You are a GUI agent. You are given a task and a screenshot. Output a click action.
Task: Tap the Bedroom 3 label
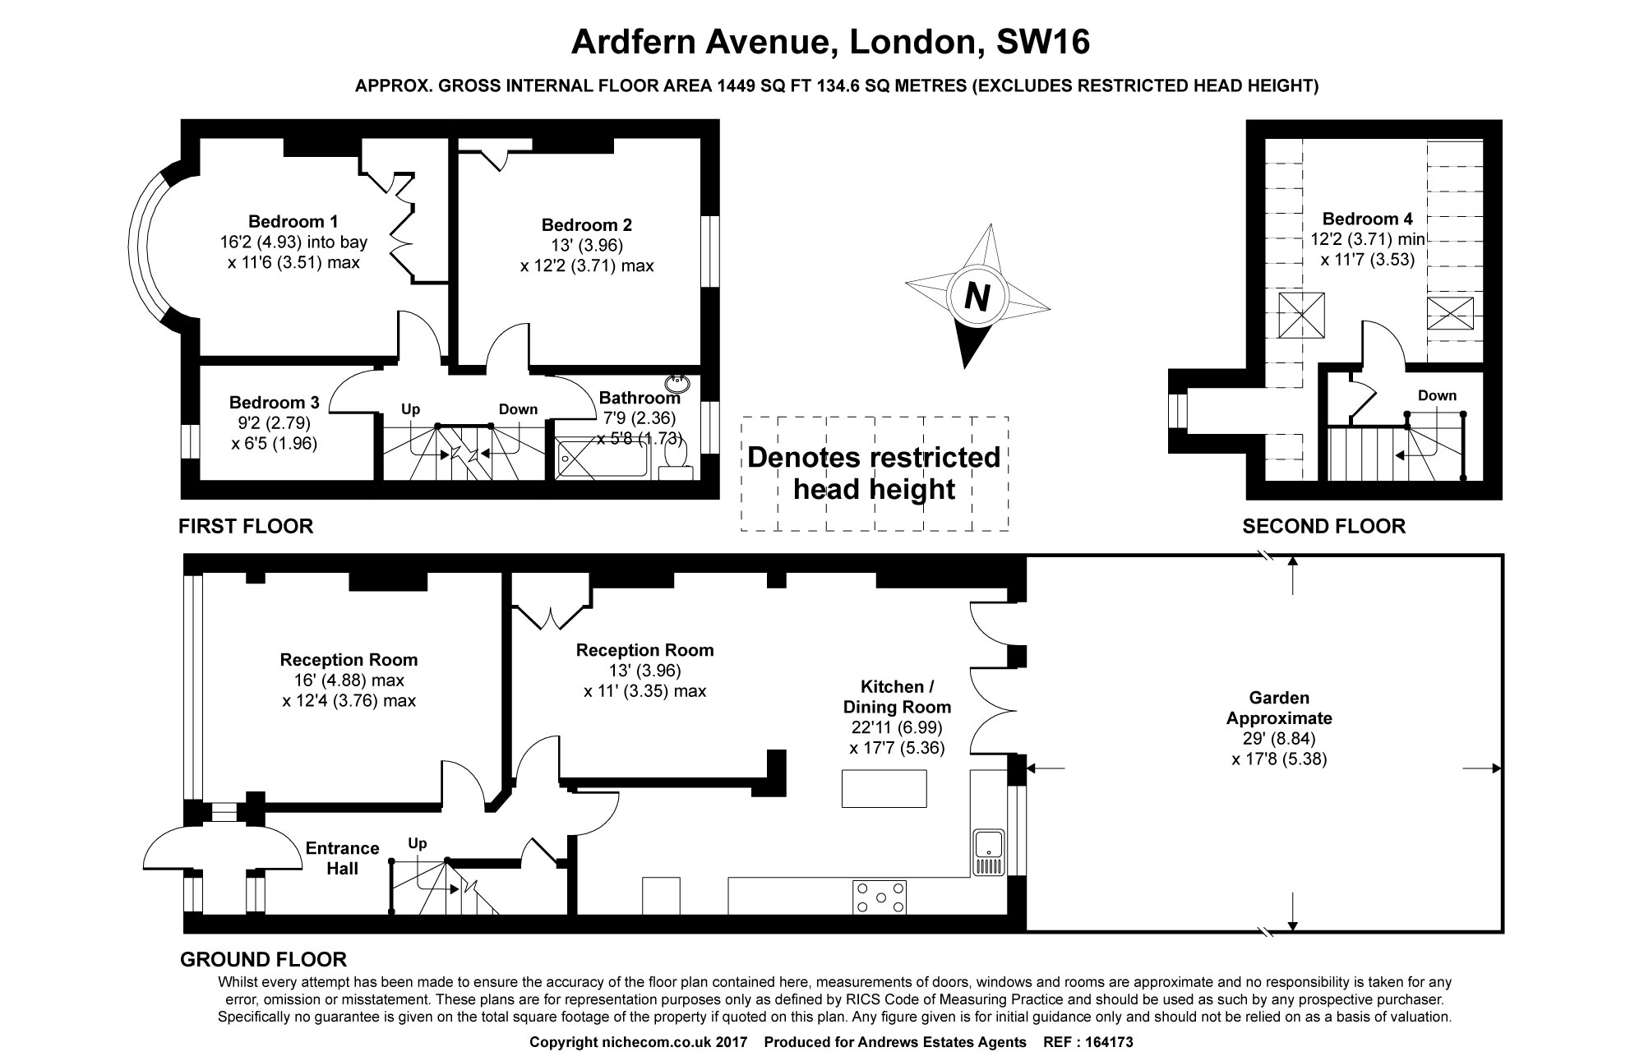(x=274, y=403)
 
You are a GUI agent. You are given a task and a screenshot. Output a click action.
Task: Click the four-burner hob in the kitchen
(x=880, y=897)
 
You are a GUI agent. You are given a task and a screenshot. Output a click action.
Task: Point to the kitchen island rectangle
(x=884, y=788)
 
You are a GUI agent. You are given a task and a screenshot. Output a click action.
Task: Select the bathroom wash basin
(x=679, y=382)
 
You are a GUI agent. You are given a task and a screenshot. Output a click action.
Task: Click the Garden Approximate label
(x=1279, y=708)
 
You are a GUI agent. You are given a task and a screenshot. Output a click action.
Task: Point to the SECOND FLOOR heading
(x=1323, y=526)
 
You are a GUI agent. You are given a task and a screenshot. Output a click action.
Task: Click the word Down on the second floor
(x=1437, y=395)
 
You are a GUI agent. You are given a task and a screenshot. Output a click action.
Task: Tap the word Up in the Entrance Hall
(x=418, y=843)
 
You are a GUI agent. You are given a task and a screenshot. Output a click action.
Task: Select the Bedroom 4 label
(x=1367, y=219)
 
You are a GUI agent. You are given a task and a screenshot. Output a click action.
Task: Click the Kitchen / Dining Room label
(x=897, y=696)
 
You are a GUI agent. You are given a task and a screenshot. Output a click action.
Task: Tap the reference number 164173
(x=1110, y=1042)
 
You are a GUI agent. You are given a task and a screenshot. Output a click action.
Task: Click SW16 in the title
(x=1042, y=42)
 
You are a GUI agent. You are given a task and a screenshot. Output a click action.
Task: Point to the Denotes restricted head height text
(x=874, y=473)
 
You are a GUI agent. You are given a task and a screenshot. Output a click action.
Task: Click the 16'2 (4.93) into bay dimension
(x=289, y=242)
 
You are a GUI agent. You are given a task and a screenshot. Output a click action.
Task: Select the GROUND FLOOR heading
(x=263, y=959)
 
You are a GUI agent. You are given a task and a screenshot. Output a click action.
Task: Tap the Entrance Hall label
(x=342, y=858)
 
